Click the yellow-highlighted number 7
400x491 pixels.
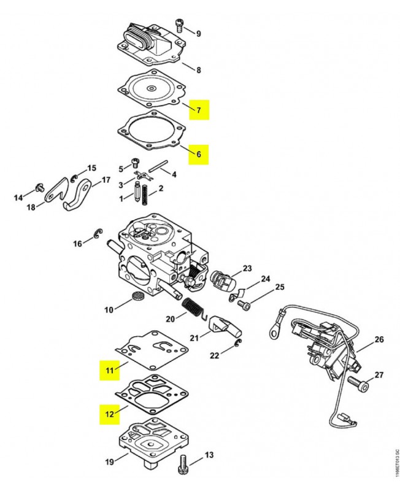coord(198,110)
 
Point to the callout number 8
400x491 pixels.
coord(198,70)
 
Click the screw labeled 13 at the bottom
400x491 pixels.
coord(182,462)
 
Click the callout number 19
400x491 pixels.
coord(109,462)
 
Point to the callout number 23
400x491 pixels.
coord(247,268)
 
